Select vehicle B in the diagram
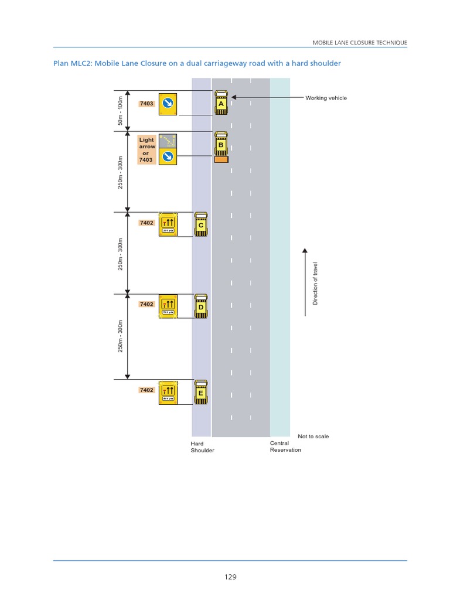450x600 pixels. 221,145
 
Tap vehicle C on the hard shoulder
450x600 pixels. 201,224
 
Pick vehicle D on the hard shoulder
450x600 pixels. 201,306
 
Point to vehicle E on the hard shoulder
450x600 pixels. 201,392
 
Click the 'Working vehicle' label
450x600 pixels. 326,98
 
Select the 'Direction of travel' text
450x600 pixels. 315,284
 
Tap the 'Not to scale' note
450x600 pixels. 313,437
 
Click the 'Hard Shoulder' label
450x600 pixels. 202,447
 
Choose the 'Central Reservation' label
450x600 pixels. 285,446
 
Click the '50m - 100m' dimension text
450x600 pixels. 120,111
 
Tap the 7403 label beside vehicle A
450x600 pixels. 146,104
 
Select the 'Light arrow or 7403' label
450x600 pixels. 146,149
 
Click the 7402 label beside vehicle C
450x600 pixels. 146,223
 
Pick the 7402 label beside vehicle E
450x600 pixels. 146,390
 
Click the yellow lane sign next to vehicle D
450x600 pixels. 168,306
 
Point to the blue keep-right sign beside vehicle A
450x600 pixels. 168,104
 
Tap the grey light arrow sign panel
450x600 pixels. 168,141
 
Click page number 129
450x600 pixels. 230,577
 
